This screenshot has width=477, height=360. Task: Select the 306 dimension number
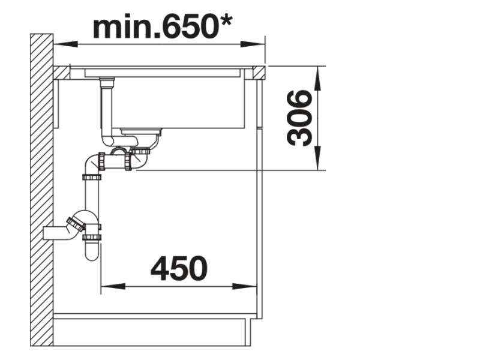point(299,118)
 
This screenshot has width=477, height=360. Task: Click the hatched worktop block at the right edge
point(259,73)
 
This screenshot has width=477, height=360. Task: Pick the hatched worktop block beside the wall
point(61,73)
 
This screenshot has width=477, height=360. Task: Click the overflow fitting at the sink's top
point(108,81)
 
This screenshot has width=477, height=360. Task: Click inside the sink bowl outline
point(180,102)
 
